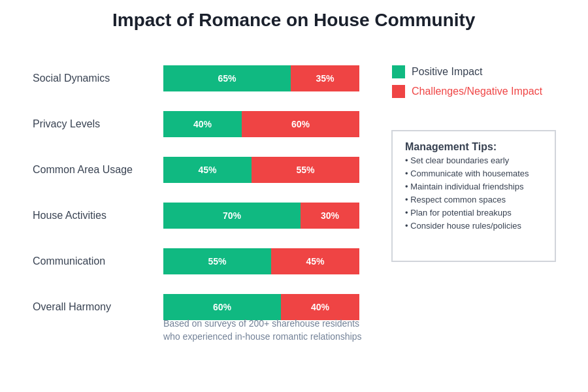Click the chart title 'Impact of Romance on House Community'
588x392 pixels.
(x=293, y=20)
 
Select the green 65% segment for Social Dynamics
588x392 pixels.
(x=227, y=78)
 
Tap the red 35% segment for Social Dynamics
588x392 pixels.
(x=325, y=78)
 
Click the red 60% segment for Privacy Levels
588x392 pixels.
(x=301, y=124)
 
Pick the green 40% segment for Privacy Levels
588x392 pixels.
(x=203, y=124)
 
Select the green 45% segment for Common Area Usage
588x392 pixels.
(x=207, y=170)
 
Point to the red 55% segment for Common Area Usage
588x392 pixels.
(x=305, y=170)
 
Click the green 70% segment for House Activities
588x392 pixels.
(x=232, y=216)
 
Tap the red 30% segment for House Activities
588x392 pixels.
(x=330, y=216)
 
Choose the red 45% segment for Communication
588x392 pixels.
(x=315, y=261)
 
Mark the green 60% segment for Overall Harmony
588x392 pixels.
(x=222, y=306)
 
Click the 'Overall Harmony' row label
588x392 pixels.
(x=72, y=307)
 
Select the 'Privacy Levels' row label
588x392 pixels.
(x=66, y=124)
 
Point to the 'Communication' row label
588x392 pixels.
(x=69, y=261)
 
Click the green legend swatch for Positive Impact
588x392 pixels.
(x=399, y=72)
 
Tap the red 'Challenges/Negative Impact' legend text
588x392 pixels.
(x=477, y=91)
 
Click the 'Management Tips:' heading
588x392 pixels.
(x=451, y=147)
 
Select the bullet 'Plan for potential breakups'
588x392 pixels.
(x=459, y=213)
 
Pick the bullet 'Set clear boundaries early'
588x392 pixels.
(x=457, y=161)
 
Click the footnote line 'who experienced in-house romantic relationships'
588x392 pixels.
(x=262, y=336)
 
